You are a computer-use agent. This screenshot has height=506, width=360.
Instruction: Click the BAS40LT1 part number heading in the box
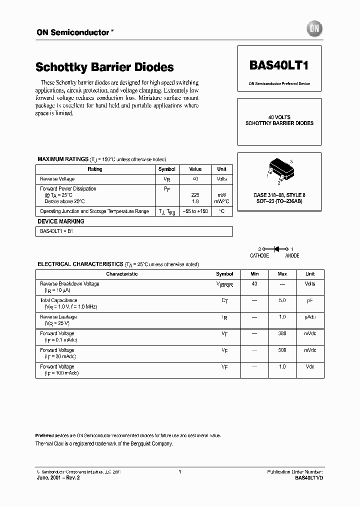[279, 66]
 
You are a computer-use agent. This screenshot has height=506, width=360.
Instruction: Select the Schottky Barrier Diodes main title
[104, 67]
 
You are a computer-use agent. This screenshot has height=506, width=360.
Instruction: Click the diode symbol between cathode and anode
[275, 248]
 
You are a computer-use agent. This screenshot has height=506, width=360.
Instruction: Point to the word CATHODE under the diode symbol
[259, 255]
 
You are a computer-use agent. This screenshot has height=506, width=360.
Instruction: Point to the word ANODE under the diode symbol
[292, 255]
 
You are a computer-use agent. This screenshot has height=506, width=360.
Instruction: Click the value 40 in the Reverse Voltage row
[195, 178]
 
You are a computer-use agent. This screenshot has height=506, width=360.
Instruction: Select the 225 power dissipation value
[195, 194]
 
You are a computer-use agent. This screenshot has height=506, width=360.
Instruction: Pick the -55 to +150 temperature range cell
[195, 211]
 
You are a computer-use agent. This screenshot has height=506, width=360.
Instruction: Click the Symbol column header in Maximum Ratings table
[167, 169]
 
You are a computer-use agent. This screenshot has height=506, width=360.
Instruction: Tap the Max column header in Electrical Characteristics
[282, 274]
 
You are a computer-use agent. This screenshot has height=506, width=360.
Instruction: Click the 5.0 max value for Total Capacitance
[282, 300]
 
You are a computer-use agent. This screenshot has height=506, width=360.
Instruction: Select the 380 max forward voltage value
[282, 333]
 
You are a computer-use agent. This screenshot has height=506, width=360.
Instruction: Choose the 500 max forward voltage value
[282, 350]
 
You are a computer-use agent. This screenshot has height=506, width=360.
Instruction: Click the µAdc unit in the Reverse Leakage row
[310, 317]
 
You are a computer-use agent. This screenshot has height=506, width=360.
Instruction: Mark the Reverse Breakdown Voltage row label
[69, 283]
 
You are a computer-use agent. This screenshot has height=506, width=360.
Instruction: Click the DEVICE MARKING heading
[61, 221]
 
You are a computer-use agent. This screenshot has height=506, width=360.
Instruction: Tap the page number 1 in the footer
[179, 471]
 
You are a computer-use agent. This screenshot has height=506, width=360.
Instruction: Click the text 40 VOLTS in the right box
[279, 117]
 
